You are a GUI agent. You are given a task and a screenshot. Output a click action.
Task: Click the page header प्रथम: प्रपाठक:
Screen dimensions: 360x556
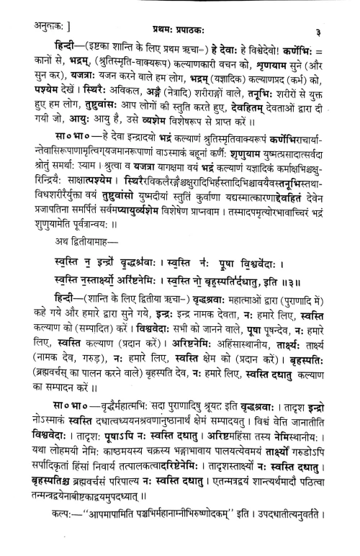pos(180,9)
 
